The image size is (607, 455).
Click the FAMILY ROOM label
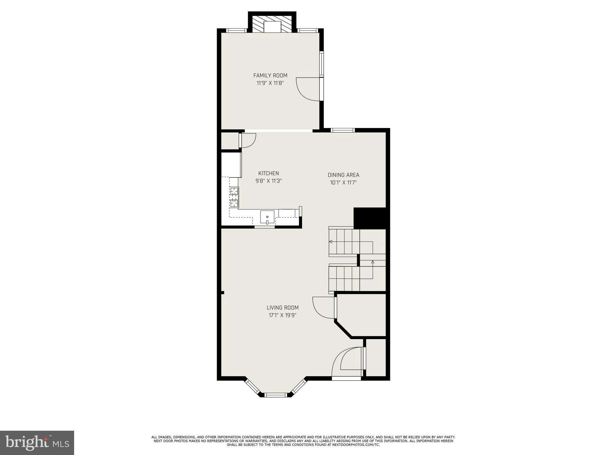(270, 76)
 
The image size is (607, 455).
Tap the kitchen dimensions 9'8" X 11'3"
(269, 181)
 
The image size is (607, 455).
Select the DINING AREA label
(343, 175)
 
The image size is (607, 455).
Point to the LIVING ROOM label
(282, 308)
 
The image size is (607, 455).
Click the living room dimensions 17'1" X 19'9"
(282, 315)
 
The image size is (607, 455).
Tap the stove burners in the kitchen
(234, 197)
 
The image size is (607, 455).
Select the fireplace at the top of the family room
(272, 27)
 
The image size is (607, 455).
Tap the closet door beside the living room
(324, 308)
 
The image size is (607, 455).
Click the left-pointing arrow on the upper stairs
(330, 242)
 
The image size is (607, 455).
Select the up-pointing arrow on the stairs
(373, 262)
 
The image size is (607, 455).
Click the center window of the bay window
(276, 395)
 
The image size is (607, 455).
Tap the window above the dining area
(343, 130)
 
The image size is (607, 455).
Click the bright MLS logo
(37, 443)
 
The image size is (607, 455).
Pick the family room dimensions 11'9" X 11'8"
(270, 83)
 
